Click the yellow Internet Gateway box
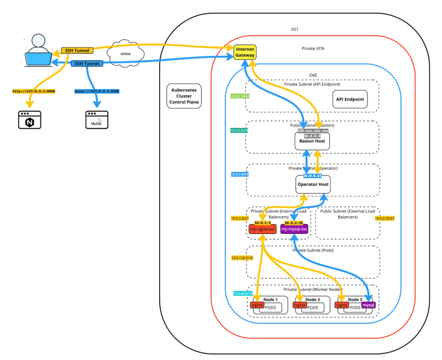pos(244,53)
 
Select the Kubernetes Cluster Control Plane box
pos(185,96)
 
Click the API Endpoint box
pos(350,100)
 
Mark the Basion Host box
pos(312,142)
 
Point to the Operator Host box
pos(313,184)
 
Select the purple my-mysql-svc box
pos(294,229)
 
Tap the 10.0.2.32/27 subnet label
pos(385,218)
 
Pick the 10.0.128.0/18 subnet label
pos(242,258)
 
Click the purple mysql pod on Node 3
pos(369,305)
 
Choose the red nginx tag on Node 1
pos(256,305)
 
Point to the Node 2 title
pos(313,299)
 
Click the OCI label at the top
pos(294,29)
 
